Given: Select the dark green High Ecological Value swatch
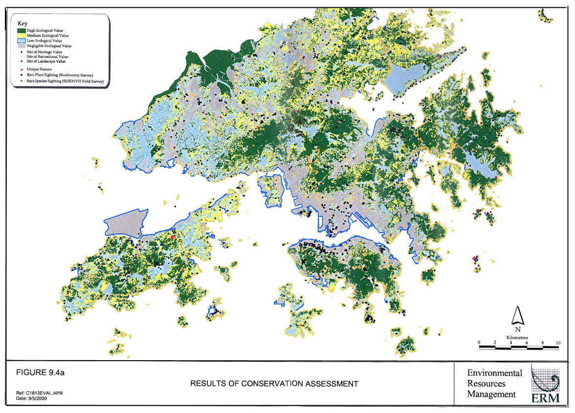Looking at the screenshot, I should pyautogui.click(x=22, y=30).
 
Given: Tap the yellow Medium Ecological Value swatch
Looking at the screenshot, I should pyautogui.click(x=22, y=35).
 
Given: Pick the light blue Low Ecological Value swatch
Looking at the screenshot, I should pyautogui.click(x=22, y=40).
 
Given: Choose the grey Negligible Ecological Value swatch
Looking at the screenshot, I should pyautogui.click(x=22, y=45).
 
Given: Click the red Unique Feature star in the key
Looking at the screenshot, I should pyautogui.click(x=22, y=69).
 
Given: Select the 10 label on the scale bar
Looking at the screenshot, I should pyautogui.click(x=558, y=342).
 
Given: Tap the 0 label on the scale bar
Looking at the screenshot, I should pyautogui.click(x=479, y=342).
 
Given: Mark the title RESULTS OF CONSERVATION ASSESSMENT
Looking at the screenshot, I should pyautogui.click(x=274, y=384).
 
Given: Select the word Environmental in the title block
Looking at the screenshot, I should pyautogui.click(x=494, y=373).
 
